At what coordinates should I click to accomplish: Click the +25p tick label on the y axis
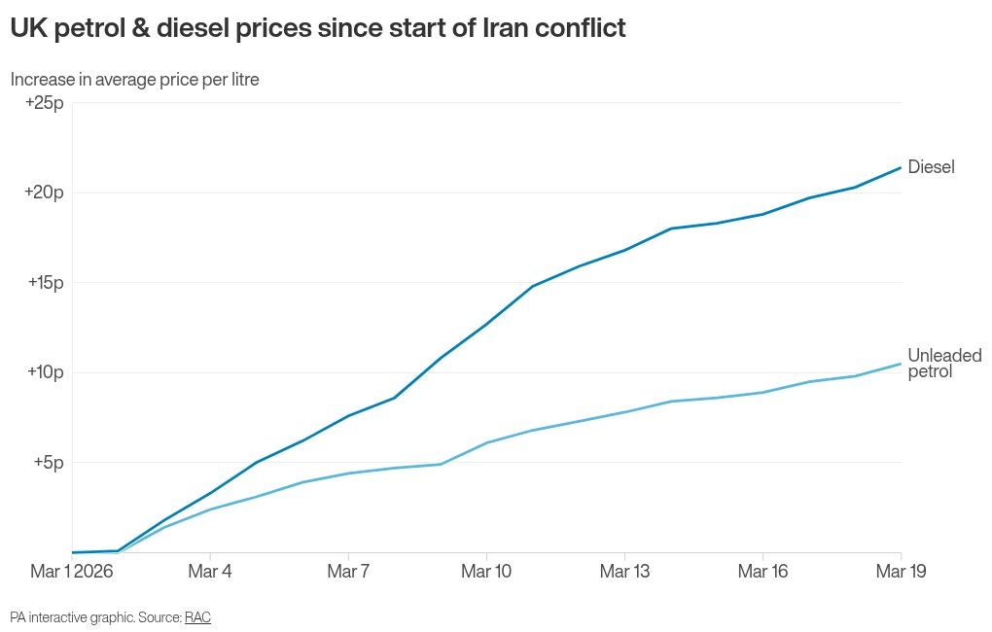tap(44, 103)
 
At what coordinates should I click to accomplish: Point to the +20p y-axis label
tap(44, 193)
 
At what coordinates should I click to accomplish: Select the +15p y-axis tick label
tap(44, 283)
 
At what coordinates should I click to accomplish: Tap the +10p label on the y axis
tap(44, 372)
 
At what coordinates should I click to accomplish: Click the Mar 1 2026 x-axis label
tap(72, 572)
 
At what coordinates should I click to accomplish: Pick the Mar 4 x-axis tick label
tap(210, 572)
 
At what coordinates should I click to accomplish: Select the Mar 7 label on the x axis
tap(348, 572)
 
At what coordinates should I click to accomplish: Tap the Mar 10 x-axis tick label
tap(486, 572)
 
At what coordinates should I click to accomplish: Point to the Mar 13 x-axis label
tap(624, 572)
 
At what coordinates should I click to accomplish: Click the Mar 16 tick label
tap(762, 572)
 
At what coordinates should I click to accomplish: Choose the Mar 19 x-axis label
tap(901, 572)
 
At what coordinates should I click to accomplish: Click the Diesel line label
tap(931, 167)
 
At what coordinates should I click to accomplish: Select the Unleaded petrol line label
tap(943, 364)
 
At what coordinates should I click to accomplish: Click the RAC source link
tap(197, 617)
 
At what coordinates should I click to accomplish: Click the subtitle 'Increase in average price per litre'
tap(135, 80)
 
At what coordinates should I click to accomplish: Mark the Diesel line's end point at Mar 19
tap(901, 168)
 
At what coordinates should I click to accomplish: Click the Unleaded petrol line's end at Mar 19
tap(901, 364)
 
